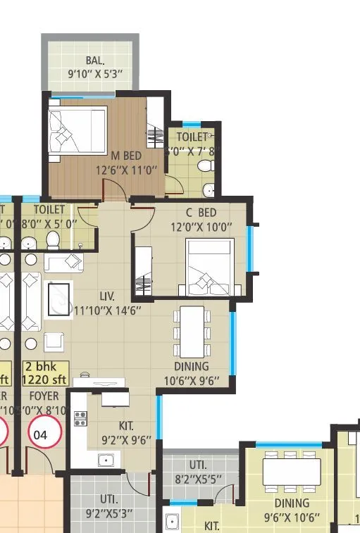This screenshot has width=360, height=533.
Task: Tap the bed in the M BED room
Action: [x=77, y=129]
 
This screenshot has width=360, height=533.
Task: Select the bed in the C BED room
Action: [x=209, y=268]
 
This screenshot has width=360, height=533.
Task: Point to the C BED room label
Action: [x=201, y=213]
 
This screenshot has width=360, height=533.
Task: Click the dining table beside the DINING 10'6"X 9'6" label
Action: [x=192, y=332]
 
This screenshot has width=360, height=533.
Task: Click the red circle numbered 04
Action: [x=41, y=435]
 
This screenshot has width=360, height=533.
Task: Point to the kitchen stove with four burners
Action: [x=80, y=419]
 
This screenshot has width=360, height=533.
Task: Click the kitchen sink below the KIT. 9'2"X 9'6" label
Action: [x=108, y=460]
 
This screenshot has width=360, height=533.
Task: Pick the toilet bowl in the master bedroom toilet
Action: [x=205, y=166]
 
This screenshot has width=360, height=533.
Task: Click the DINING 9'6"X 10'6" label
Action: [x=292, y=510]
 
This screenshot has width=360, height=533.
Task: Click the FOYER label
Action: [x=44, y=396]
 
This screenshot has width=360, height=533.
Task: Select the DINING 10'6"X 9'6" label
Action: [x=192, y=374]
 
